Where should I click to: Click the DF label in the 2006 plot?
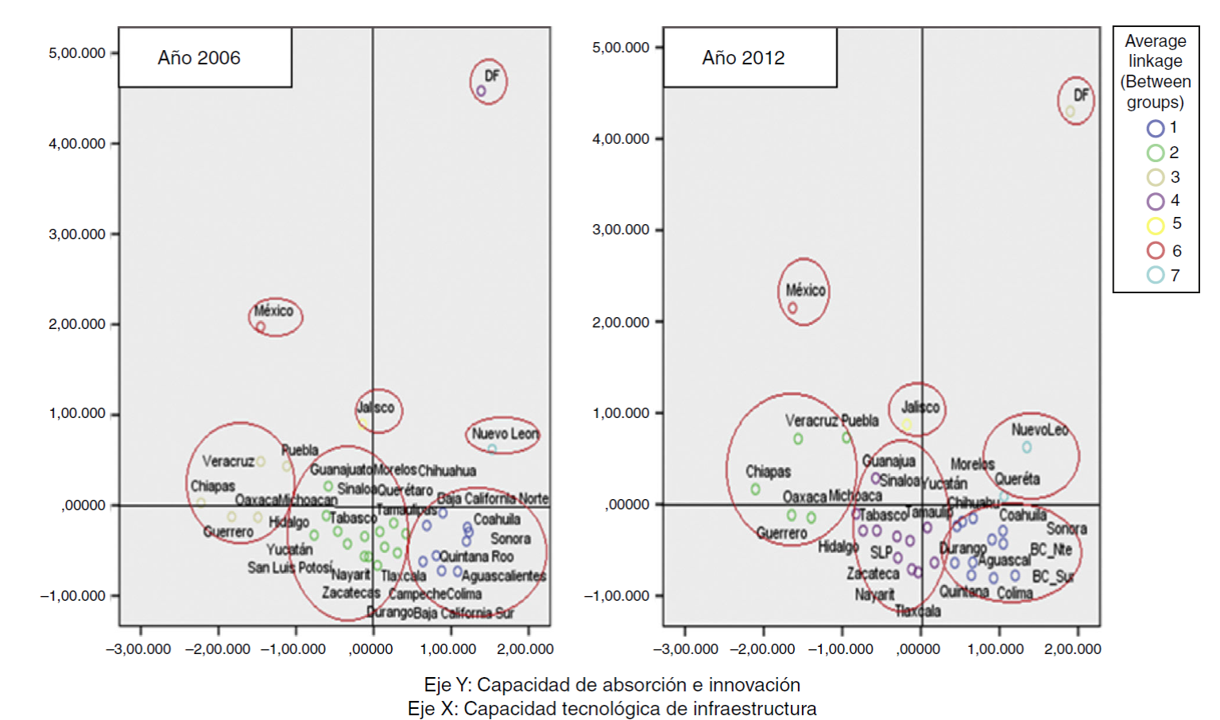tap(492, 75)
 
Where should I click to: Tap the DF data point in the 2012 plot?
tap(1070, 111)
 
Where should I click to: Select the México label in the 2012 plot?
tap(805, 290)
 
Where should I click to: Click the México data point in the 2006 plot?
tap(261, 327)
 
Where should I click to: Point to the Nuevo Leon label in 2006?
tap(505, 433)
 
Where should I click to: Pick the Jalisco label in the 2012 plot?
tap(920, 407)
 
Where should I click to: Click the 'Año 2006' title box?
tap(204, 58)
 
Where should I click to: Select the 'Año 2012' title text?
tap(743, 58)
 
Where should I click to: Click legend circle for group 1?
tap(1156, 128)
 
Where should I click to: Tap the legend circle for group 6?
tap(1156, 250)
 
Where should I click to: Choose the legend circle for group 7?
tap(1156, 275)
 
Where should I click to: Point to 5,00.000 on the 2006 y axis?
tap(77, 53)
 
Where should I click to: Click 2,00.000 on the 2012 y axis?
tap(621, 322)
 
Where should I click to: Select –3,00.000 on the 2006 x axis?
tap(138, 649)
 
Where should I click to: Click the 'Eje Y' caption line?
tap(612, 684)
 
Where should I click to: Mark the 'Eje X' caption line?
tap(612, 708)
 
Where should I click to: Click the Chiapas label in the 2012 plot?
tap(768, 471)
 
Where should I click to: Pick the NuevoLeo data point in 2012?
tap(1027, 447)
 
